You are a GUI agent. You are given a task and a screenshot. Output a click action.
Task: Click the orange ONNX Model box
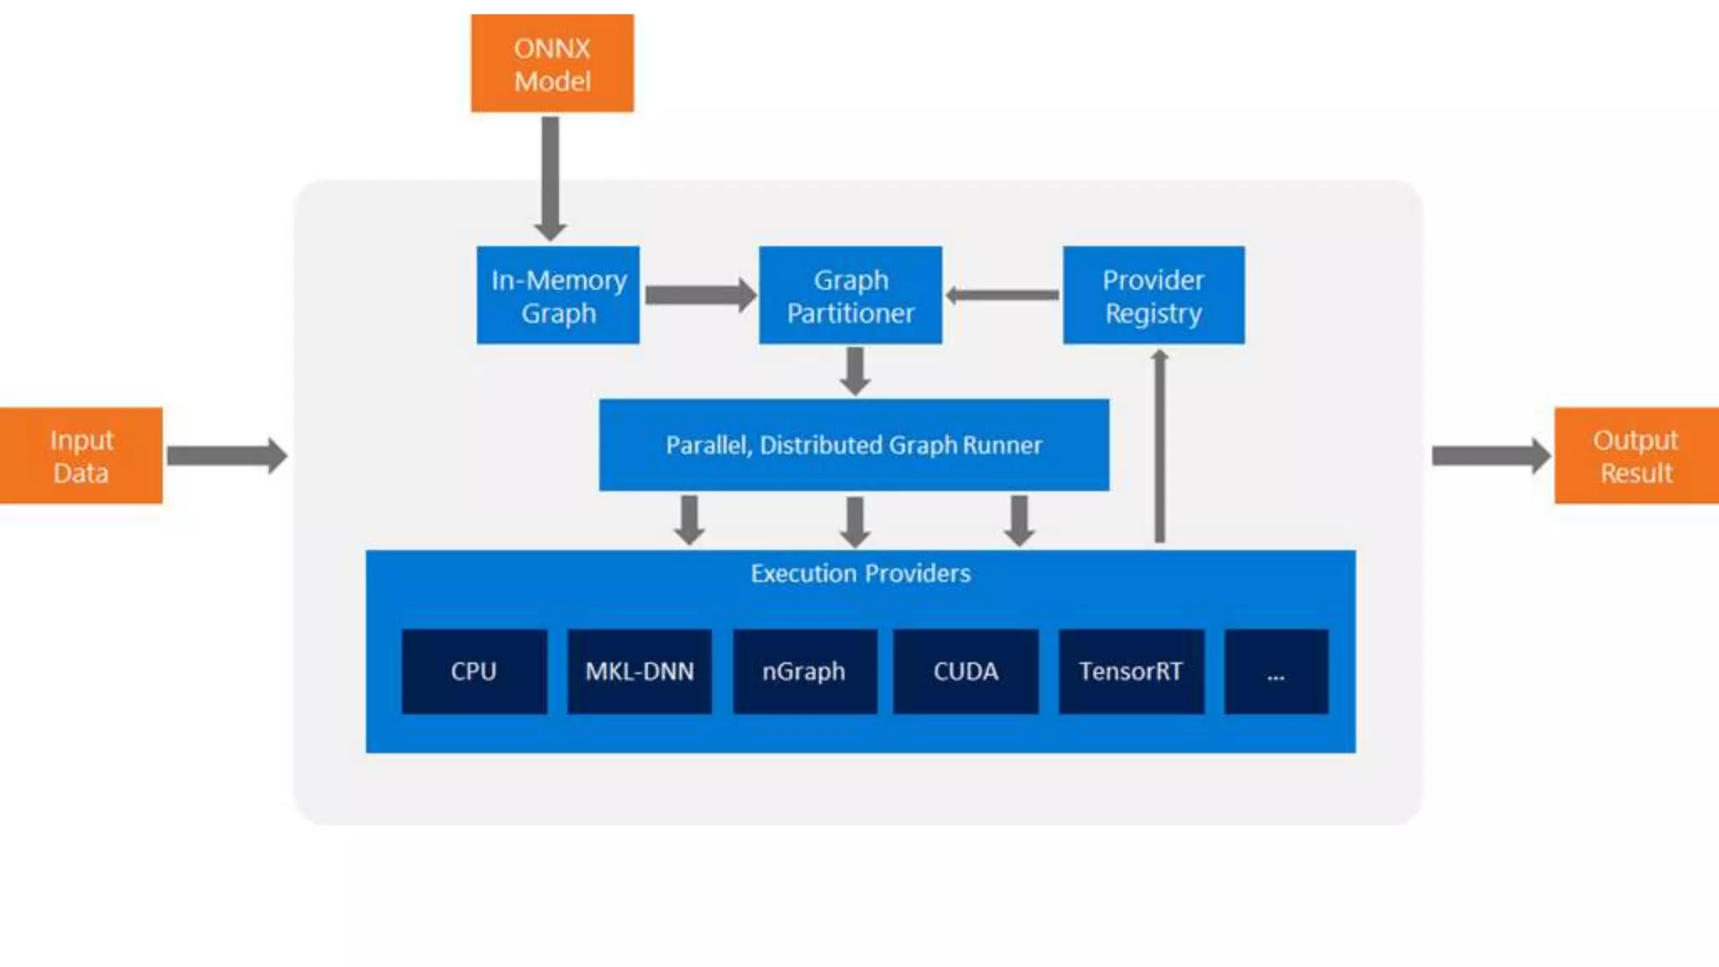(x=552, y=64)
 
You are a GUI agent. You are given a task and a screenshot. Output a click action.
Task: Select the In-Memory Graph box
(x=558, y=295)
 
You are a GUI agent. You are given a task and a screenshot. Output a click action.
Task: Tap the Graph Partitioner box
(x=850, y=295)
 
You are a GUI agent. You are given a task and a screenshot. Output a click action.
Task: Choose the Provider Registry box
(x=1153, y=295)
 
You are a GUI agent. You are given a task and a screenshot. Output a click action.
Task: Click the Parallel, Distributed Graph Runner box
(x=854, y=445)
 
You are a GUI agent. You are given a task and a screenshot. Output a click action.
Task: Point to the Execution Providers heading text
(x=860, y=573)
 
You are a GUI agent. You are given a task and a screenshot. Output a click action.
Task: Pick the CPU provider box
(x=474, y=672)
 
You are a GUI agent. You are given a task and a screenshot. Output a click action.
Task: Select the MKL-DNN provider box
(x=640, y=672)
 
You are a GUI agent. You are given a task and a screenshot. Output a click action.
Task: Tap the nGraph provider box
(x=805, y=672)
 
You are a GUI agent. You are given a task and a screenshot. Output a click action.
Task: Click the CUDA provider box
(x=966, y=672)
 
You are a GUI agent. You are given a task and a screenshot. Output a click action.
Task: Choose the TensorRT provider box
(x=1131, y=672)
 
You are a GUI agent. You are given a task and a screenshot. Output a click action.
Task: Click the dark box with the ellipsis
(x=1276, y=672)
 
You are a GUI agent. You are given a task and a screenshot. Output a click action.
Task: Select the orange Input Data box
(x=81, y=456)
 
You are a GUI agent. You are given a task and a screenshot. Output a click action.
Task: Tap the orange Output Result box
(x=1636, y=456)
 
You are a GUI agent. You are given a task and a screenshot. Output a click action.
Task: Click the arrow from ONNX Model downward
(x=551, y=176)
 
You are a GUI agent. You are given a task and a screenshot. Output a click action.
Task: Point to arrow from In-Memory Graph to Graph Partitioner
(x=699, y=295)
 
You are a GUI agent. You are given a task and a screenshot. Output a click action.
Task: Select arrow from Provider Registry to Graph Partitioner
(x=1002, y=295)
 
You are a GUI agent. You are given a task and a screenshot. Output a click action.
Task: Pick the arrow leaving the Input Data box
(x=226, y=456)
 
